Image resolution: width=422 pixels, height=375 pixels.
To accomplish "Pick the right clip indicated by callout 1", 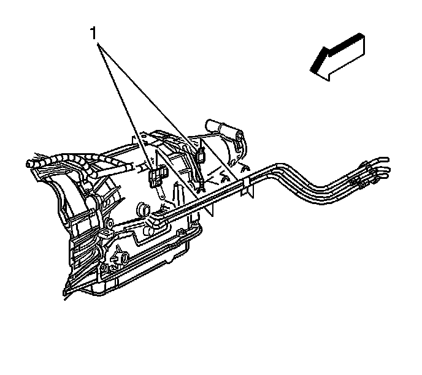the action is tap(199, 154).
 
